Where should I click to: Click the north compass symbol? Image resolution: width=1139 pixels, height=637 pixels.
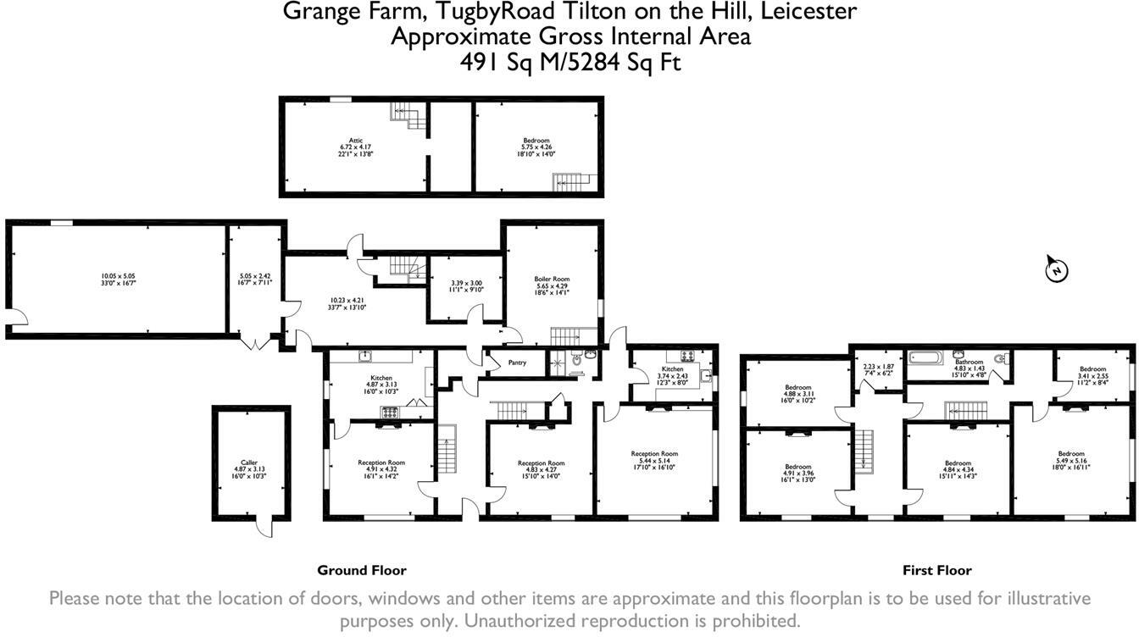pos(1056,269)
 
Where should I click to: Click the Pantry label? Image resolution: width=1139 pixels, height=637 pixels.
pos(517,363)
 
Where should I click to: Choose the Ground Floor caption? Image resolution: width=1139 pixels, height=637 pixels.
pos(362,570)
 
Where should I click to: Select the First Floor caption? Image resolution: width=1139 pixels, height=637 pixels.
pos(936,570)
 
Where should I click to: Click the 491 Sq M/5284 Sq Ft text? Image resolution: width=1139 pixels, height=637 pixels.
pos(569,63)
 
